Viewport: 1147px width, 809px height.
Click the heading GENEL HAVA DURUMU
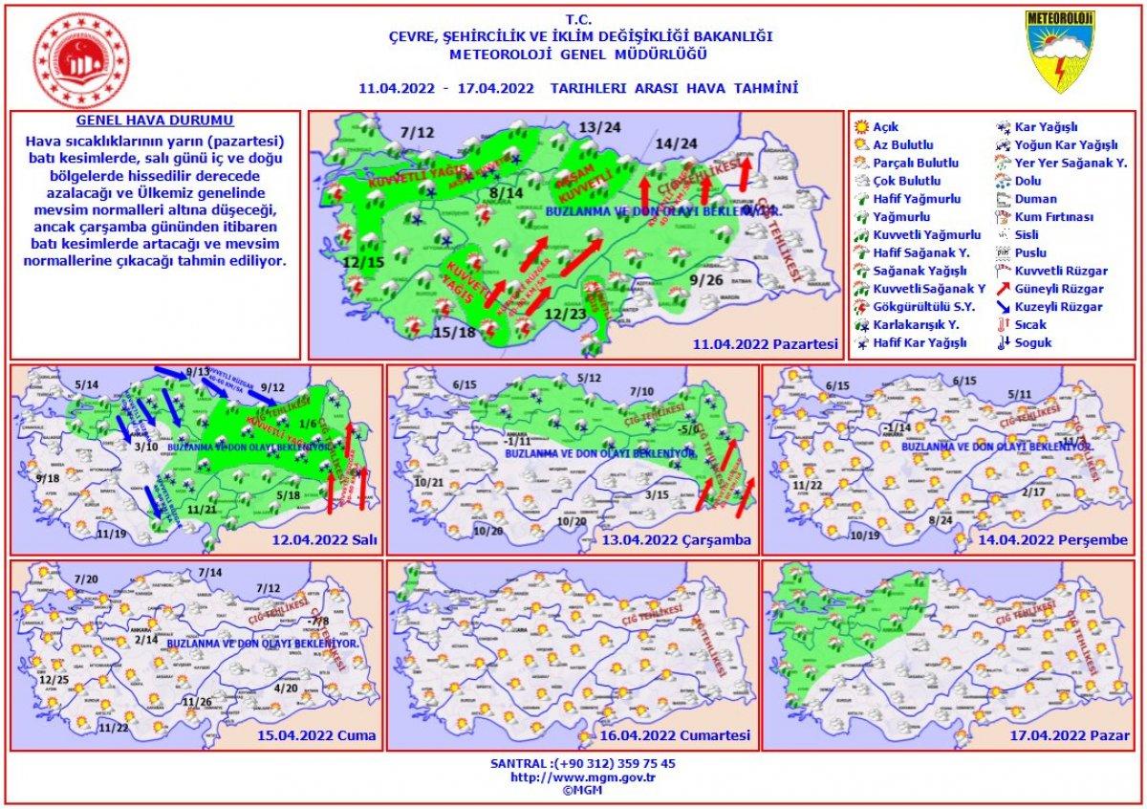click(x=154, y=122)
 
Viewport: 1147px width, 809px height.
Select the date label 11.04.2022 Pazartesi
click(x=767, y=343)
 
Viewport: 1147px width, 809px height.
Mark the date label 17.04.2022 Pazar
click(x=1069, y=736)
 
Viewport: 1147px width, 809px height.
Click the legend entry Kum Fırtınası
click(x=1047, y=217)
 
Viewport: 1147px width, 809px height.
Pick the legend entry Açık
click(x=886, y=127)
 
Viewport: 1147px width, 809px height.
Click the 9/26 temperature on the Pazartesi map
click(x=706, y=280)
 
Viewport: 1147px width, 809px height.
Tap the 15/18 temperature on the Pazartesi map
click(x=454, y=332)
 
